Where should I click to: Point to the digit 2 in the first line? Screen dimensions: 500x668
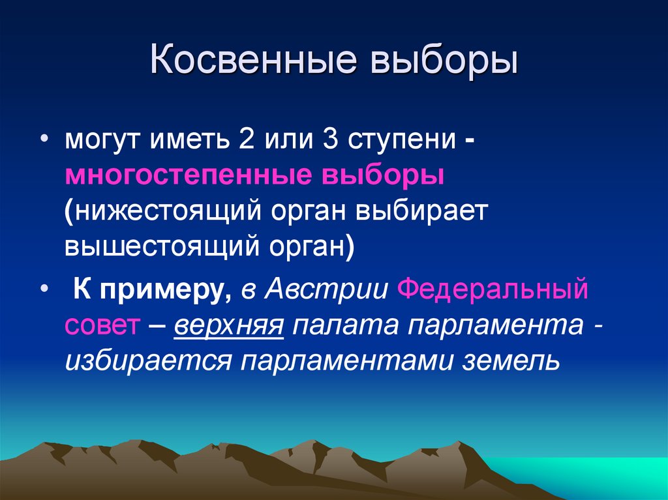(247, 140)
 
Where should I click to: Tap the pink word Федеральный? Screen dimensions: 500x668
(493, 288)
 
